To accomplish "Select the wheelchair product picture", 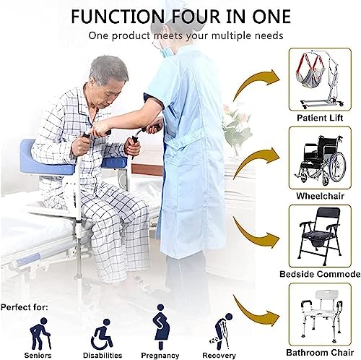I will pyautogui.click(x=321, y=157).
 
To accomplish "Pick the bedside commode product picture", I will pyautogui.click(x=321, y=235).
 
